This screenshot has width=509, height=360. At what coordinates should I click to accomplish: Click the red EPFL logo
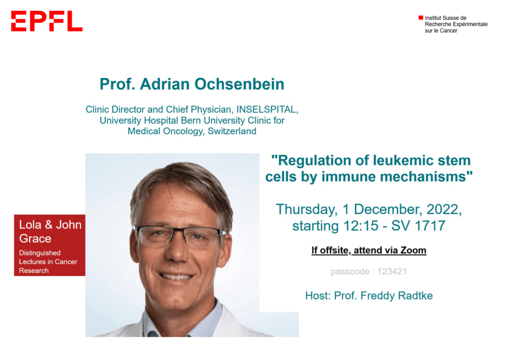(x=47, y=21)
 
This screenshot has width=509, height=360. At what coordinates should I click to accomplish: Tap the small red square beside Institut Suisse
(x=421, y=17)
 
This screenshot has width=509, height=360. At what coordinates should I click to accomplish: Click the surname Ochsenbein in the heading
(x=239, y=84)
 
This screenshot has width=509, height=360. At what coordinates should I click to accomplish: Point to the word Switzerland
(x=232, y=131)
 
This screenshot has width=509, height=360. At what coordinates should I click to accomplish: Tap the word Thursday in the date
(x=306, y=209)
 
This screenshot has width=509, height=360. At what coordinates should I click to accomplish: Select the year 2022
(x=443, y=209)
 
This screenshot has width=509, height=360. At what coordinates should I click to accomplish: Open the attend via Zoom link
(x=390, y=250)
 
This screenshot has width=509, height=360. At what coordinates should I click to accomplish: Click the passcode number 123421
(x=392, y=271)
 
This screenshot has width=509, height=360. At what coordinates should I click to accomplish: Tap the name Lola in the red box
(x=30, y=225)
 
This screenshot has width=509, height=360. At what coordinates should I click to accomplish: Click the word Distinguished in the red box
(x=40, y=253)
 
